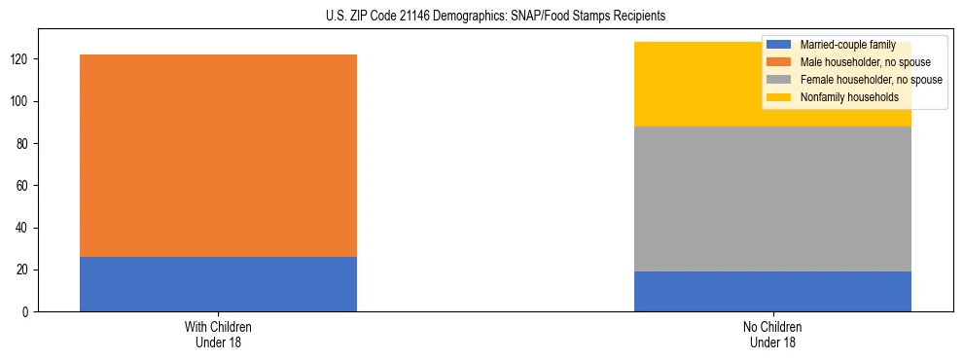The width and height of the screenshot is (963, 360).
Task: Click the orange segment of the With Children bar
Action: click(218, 156)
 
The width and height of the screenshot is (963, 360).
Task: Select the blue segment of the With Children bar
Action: click(218, 284)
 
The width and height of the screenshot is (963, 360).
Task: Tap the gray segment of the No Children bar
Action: click(772, 198)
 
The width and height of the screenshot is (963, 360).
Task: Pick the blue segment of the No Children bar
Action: click(772, 291)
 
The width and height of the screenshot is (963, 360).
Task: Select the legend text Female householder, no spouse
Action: click(871, 80)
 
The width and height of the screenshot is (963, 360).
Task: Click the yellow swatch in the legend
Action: click(779, 97)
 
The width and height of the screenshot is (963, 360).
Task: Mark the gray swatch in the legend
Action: click(779, 80)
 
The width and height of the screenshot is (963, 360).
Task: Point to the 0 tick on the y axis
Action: click(27, 311)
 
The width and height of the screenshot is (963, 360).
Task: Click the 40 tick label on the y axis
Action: click(24, 228)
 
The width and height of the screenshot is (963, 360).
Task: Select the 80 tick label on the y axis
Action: click(24, 144)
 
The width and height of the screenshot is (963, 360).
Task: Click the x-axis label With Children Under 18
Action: click(218, 334)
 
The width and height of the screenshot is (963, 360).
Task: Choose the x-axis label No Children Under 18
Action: click(772, 334)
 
